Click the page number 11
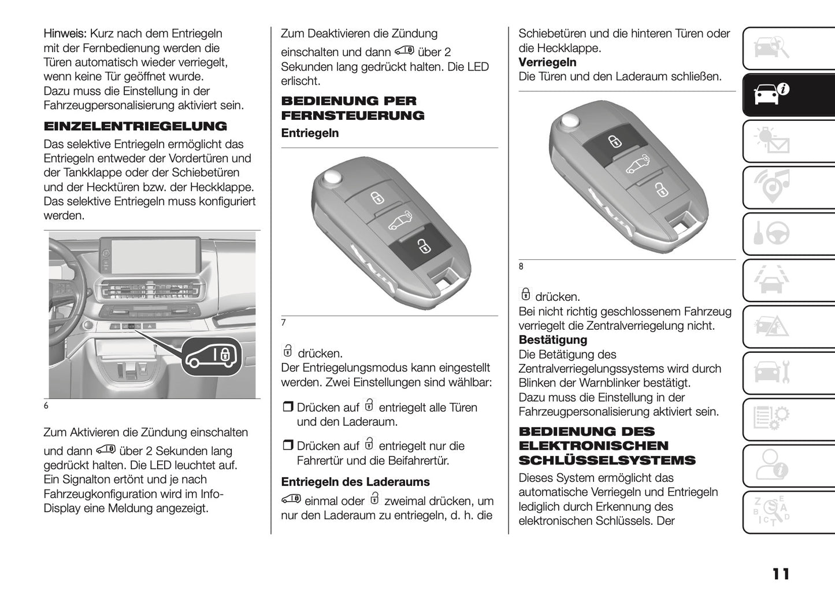click(x=780, y=574)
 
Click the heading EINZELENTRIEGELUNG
click(x=135, y=126)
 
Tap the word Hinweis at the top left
click(x=65, y=34)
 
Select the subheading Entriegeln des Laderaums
click(x=355, y=482)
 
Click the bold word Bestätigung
click(x=552, y=340)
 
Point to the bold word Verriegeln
click(x=547, y=62)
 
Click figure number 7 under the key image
click(x=284, y=323)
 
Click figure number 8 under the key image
click(x=521, y=266)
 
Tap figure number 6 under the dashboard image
click(x=46, y=406)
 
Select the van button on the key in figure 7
click(x=399, y=220)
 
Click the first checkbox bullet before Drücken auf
click(x=287, y=407)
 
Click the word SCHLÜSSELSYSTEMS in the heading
click(x=607, y=461)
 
